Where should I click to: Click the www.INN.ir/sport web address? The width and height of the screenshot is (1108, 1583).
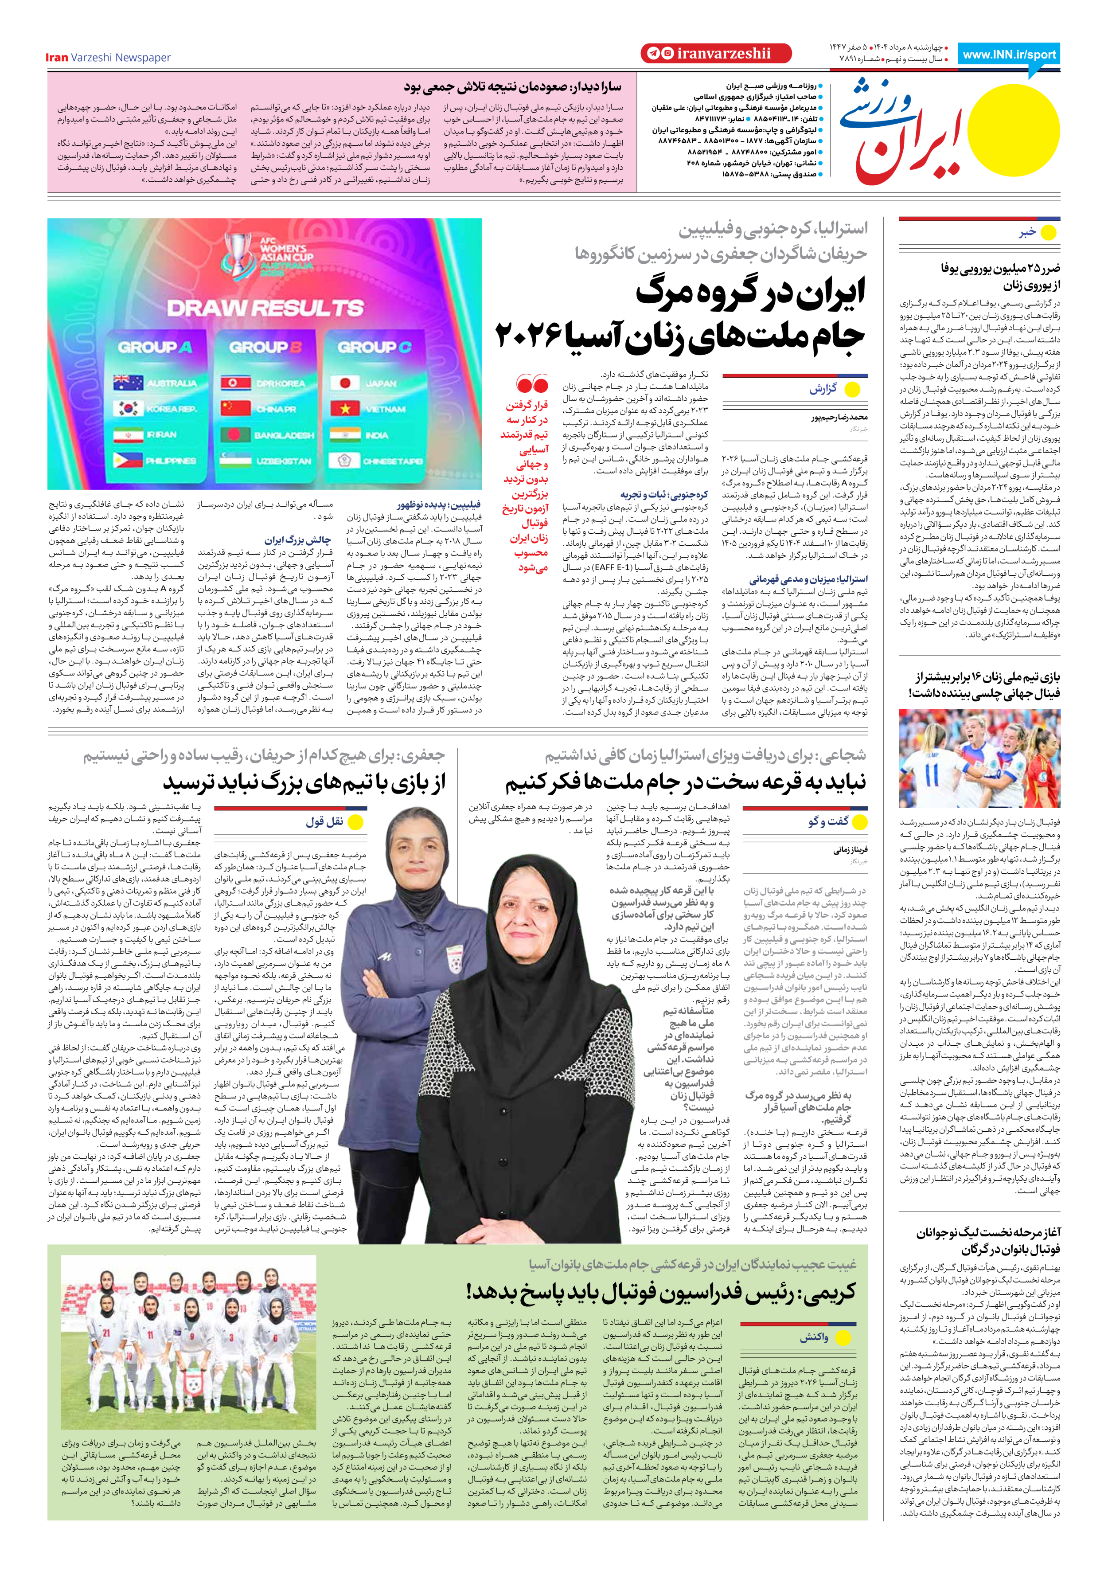coord(1009,55)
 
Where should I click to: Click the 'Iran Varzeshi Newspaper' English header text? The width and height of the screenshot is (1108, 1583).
coord(108,57)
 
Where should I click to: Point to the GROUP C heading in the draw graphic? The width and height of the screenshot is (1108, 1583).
coord(375,347)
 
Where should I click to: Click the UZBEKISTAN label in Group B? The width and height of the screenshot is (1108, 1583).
coord(283,461)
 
